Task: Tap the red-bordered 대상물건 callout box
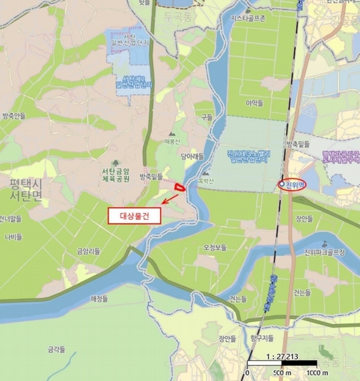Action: tap(135, 215)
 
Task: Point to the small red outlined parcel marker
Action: tap(180, 187)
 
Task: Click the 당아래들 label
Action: tap(191, 155)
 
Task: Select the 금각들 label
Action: tap(57, 349)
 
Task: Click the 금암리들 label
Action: tap(88, 251)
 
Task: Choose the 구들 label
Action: tap(206, 117)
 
